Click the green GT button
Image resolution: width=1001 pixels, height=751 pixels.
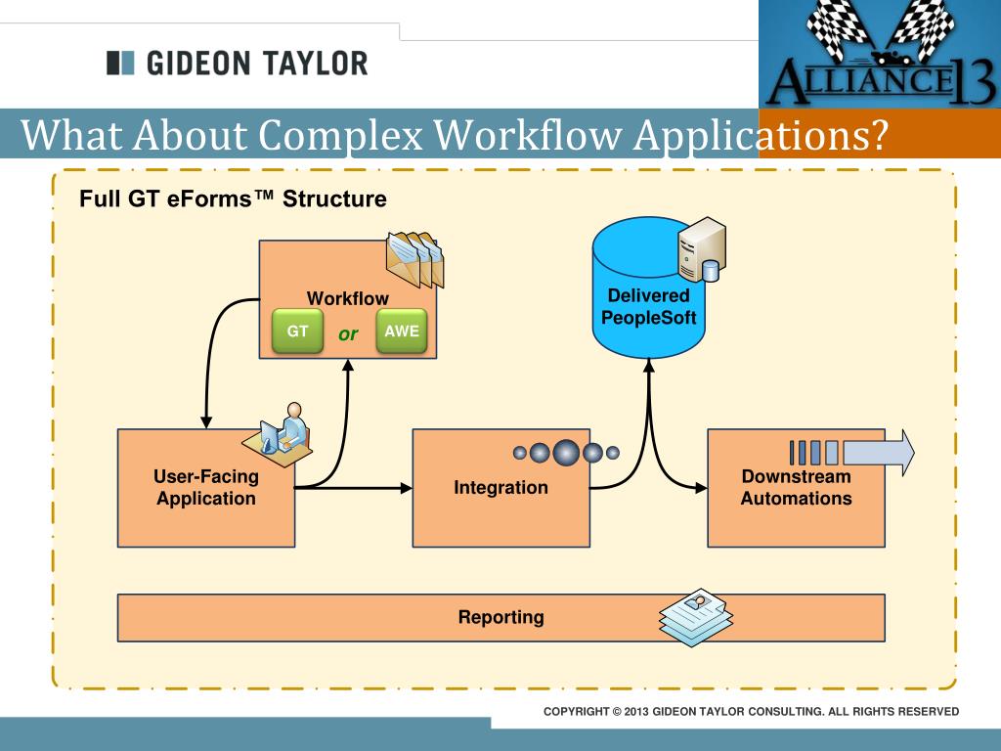297,331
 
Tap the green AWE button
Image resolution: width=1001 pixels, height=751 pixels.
401,331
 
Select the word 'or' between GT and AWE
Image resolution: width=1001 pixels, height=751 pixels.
348,334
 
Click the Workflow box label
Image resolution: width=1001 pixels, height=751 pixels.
347,298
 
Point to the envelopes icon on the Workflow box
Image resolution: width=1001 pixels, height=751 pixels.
414,259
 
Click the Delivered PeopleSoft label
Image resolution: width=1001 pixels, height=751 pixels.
648,307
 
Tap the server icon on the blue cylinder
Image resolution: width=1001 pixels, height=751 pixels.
702,249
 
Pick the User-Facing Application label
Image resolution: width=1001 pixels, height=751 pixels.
205,488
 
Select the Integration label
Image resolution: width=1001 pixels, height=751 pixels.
500,488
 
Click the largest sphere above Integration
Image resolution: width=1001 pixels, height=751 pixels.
566,452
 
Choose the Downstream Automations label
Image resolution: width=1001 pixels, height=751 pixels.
796,488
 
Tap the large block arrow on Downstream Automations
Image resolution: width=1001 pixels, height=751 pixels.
878,452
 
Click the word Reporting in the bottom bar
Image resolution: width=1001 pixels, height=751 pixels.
500,617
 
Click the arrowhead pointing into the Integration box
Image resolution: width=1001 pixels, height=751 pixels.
405,487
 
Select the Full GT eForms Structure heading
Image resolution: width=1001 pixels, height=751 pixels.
233,199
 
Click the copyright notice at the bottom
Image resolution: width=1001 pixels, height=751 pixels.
751,711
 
